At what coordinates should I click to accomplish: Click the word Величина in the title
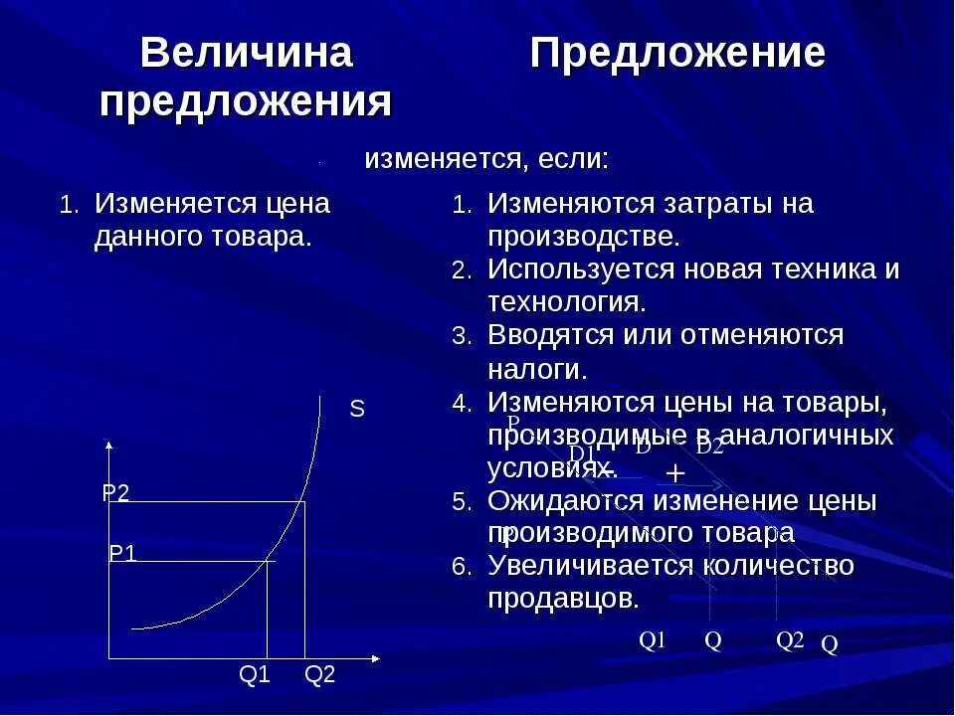[x=247, y=54]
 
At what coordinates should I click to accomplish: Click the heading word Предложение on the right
[x=676, y=54]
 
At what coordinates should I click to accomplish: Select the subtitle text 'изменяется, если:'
[x=486, y=159]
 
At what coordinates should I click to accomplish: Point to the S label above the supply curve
[x=357, y=409]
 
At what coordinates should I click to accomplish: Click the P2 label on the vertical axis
[x=116, y=493]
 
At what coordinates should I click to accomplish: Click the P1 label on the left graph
[x=122, y=554]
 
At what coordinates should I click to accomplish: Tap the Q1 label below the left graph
[x=255, y=675]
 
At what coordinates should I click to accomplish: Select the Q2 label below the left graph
[x=320, y=675]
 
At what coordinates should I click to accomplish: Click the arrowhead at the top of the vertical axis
[x=108, y=445]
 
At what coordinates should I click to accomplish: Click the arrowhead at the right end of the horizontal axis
[x=375, y=658]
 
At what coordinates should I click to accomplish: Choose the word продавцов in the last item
[x=561, y=599]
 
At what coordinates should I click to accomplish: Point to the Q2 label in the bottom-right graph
[x=790, y=640]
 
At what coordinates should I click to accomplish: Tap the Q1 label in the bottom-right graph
[x=652, y=640]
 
